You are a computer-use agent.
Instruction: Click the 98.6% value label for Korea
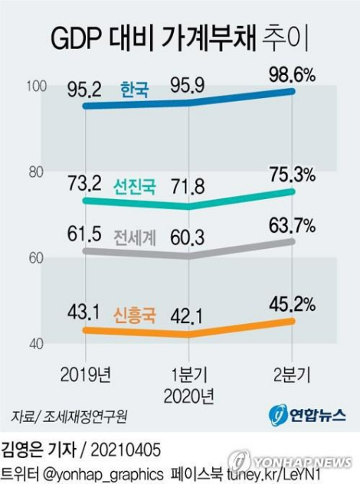pyautogui.click(x=293, y=75)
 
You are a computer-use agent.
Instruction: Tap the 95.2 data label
pyautogui.click(x=84, y=90)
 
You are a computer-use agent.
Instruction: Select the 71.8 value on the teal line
pyautogui.click(x=188, y=187)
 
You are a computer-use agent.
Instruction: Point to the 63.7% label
pyautogui.click(x=293, y=226)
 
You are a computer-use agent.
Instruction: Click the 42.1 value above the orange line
pyautogui.click(x=187, y=317)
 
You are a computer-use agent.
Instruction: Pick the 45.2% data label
pyautogui.click(x=293, y=305)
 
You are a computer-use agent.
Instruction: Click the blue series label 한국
pyautogui.click(x=135, y=90)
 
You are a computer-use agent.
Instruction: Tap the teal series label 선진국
pyautogui.click(x=135, y=186)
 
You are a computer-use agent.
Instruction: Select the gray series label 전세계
pyautogui.click(x=135, y=237)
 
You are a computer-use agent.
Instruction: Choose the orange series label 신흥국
pyautogui.click(x=135, y=316)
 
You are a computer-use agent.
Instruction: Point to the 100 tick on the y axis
pyautogui.click(x=37, y=86)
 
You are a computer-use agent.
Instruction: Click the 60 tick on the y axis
pyautogui.click(x=36, y=258)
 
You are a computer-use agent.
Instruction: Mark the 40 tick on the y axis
pyautogui.click(x=36, y=344)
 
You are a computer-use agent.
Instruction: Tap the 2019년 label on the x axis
pyautogui.click(x=86, y=374)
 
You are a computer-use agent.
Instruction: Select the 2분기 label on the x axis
pyautogui.click(x=292, y=374)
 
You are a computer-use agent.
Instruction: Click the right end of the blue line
pyautogui.click(x=292, y=91)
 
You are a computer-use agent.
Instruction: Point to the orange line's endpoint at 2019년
pyautogui.click(x=86, y=330)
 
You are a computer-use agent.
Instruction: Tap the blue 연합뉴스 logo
pyautogui.click(x=307, y=415)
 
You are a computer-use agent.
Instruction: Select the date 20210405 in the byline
pyautogui.click(x=126, y=450)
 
